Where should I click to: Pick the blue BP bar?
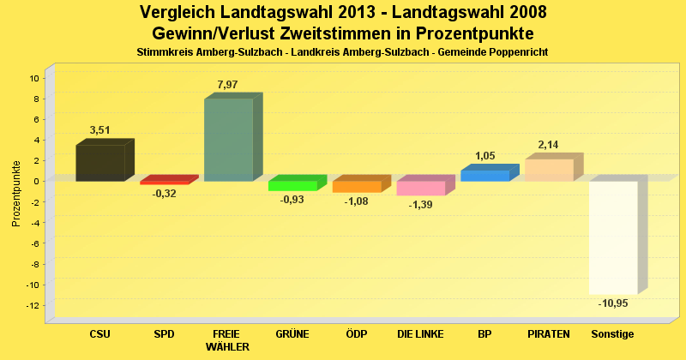point(485,176)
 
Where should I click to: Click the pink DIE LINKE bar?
point(420,189)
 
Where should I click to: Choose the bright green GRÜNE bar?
point(292,186)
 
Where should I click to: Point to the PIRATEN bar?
point(549,170)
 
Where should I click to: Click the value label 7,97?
point(228,84)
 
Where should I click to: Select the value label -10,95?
point(614,303)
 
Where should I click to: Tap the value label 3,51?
point(100,130)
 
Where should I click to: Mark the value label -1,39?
point(421,205)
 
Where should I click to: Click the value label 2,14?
point(549,144)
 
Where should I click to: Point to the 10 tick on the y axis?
point(35,78)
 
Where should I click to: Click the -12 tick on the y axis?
point(33,306)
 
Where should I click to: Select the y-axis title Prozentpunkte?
point(16,194)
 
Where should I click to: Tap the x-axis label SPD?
point(164,333)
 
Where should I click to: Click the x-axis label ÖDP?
point(357,333)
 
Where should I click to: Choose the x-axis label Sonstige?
point(613,333)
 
